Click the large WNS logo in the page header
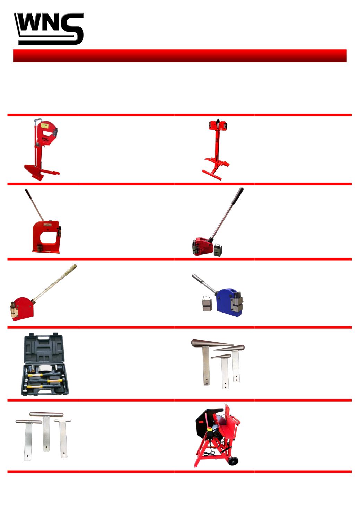[49, 29]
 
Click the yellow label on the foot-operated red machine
[44, 125]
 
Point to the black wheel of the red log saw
[234, 461]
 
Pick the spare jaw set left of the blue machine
[207, 304]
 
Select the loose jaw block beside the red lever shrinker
[218, 250]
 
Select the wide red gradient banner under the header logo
[180, 56]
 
